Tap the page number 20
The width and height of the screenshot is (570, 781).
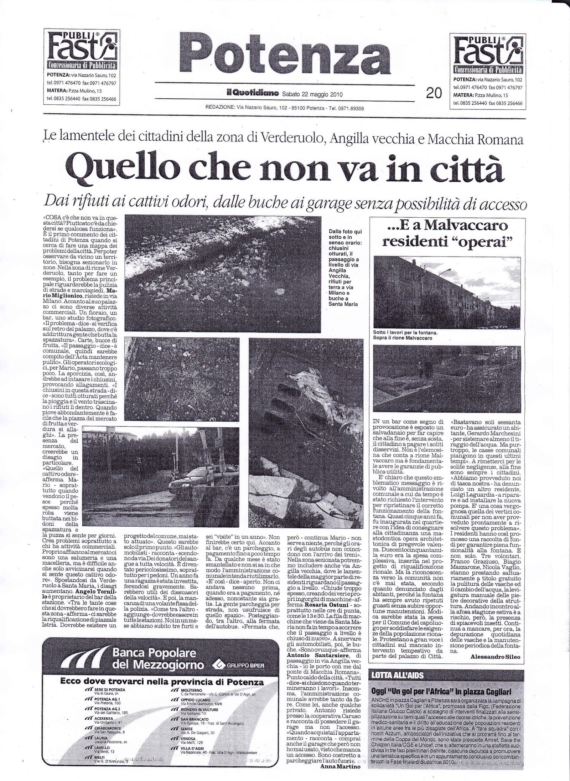(434, 93)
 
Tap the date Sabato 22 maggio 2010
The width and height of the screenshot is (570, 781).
(312, 94)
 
